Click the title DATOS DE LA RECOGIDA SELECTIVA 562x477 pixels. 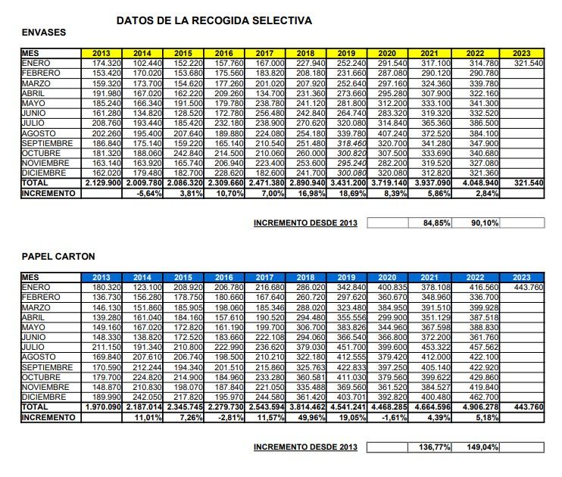(214, 20)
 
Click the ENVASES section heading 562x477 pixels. (44, 33)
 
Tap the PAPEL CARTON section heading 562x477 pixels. (58, 257)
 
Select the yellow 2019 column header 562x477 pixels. (345, 53)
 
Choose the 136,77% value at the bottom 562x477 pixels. (433, 447)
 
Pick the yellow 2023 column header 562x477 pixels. (523, 53)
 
